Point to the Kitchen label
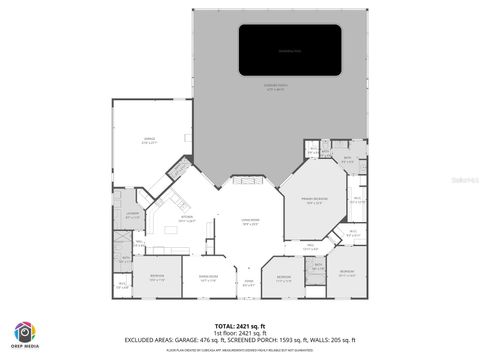click(185, 218)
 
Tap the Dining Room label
click(209, 277)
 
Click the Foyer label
click(249, 284)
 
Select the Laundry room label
click(132, 214)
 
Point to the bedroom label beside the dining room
click(157, 277)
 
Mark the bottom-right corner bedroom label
click(345, 273)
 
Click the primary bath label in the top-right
click(347, 160)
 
